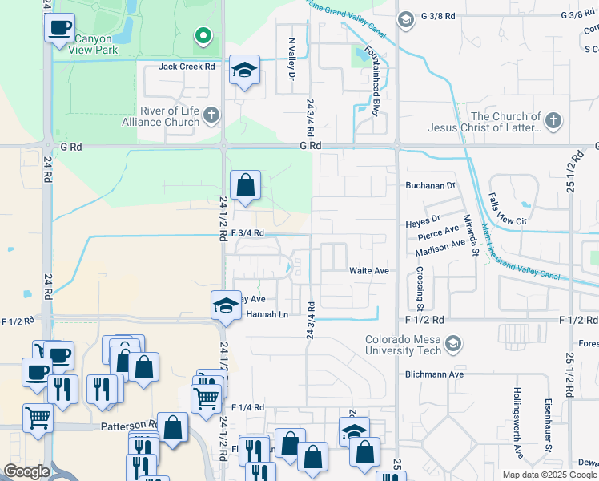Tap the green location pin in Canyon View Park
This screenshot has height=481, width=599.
(x=203, y=36)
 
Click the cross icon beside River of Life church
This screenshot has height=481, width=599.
(x=211, y=116)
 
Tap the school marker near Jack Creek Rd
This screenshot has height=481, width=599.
(x=245, y=70)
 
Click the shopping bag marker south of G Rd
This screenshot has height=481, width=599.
(x=246, y=186)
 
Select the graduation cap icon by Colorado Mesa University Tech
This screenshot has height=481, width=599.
(x=453, y=345)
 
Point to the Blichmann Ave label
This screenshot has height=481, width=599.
(x=435, y=374)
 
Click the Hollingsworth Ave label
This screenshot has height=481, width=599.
(x=518, y=425)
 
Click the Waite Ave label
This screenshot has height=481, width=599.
(x=368, y=271)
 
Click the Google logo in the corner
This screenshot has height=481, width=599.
(x=26, y=471)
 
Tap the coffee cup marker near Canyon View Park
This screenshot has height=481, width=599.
(x=59, y=28)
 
